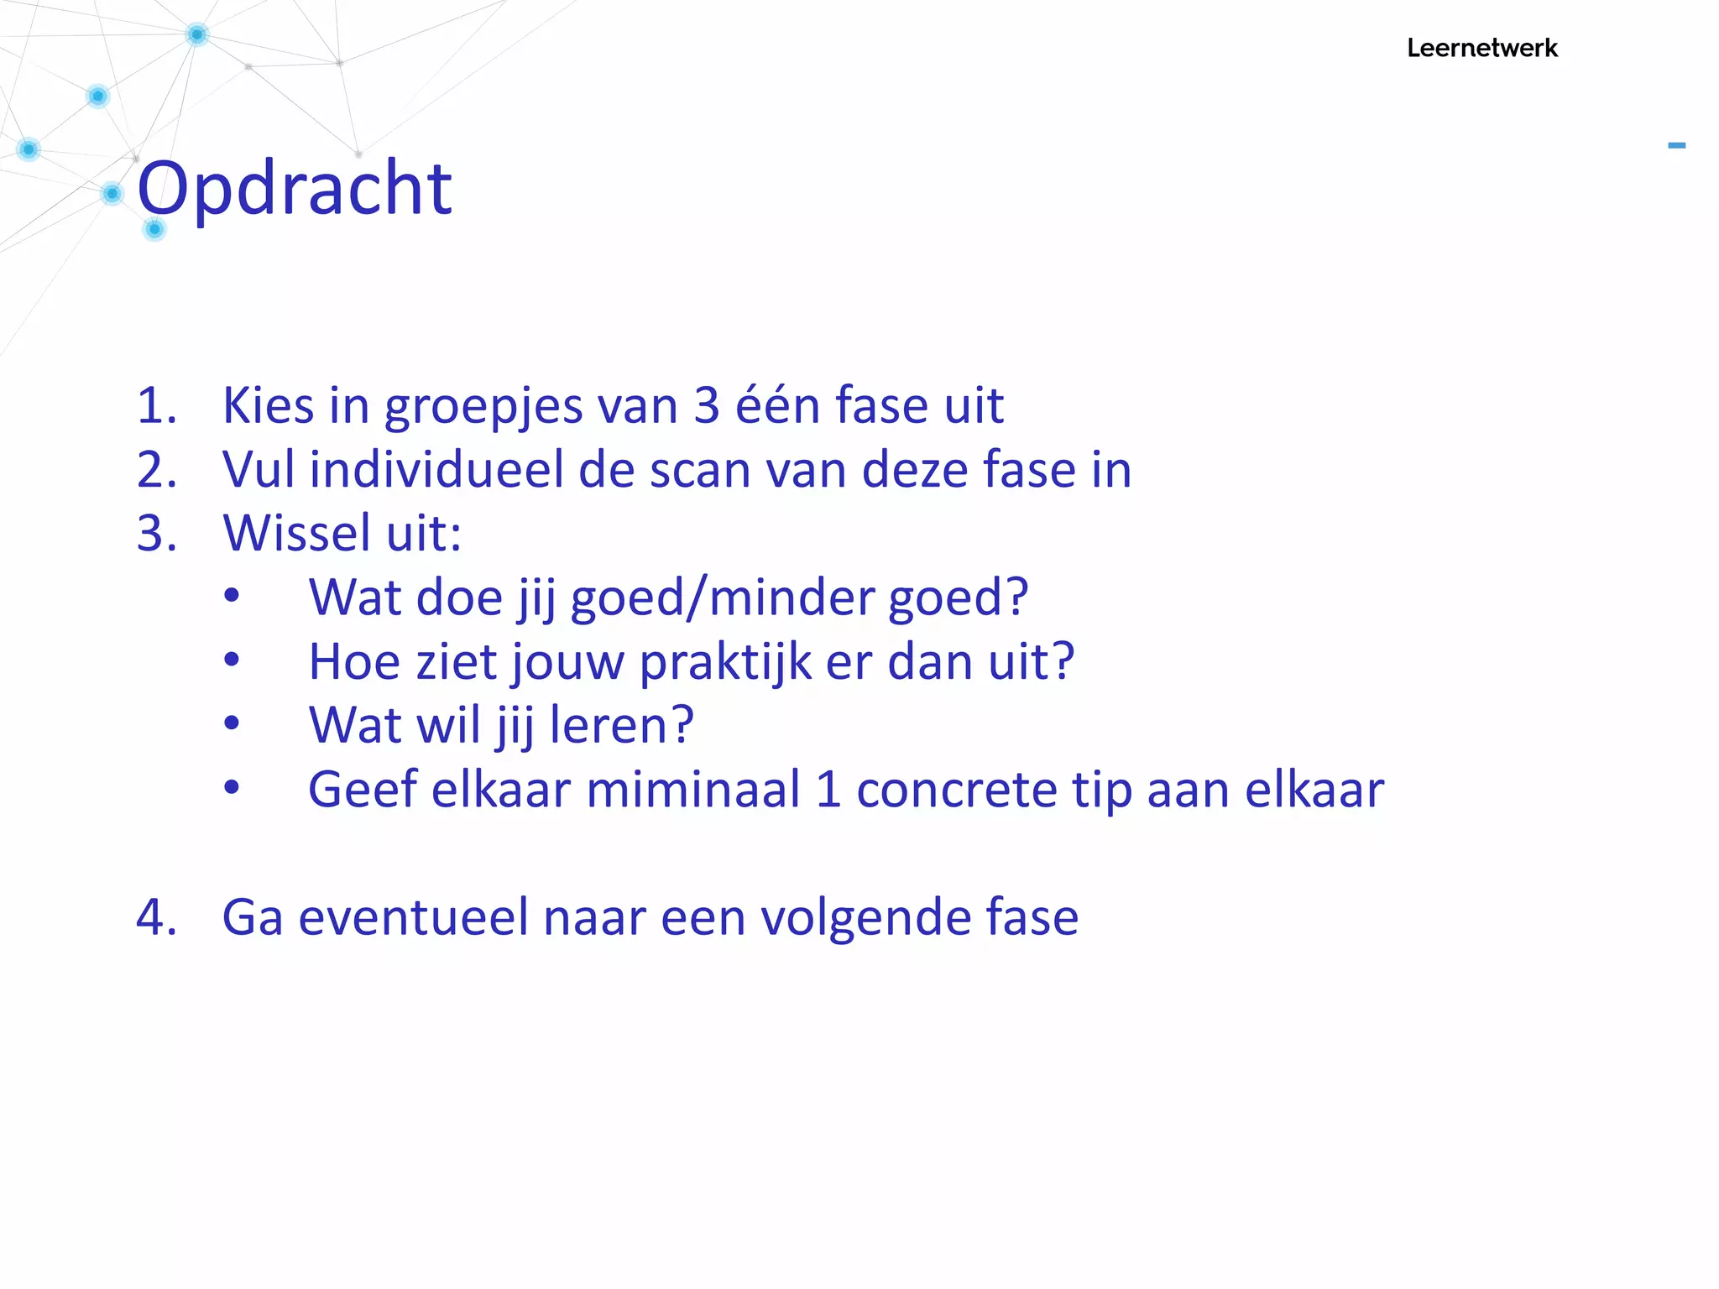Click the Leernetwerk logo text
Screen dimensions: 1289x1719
pos(1481,49)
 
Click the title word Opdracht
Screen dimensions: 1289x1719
pos(295,189)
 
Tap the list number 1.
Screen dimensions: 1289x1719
pos(155,406)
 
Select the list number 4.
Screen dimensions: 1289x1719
pos(155,917)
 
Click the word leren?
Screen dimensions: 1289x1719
pos(621,726)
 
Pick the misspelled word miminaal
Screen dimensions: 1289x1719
pos(693,791)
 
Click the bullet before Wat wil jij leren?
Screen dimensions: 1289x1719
pos(232,723)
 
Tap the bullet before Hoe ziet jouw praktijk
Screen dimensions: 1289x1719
pos(232,660)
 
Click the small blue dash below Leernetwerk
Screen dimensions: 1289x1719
pos(1676,146)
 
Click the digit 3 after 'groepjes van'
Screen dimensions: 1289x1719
pos(707,406)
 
